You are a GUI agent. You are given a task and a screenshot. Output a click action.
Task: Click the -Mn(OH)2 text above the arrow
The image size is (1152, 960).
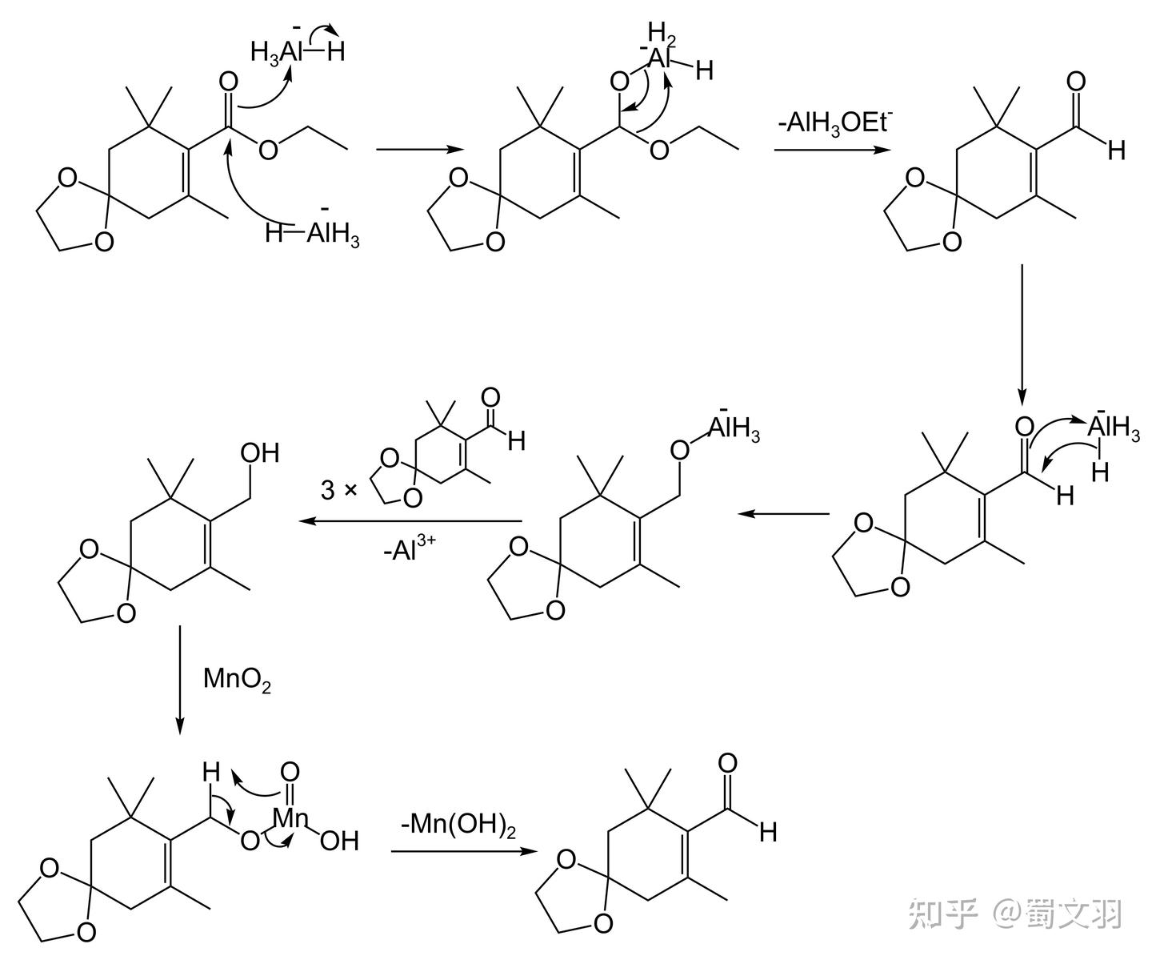click(458, 825)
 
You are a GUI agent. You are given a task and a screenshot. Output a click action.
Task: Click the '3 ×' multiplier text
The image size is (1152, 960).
click(338, 490)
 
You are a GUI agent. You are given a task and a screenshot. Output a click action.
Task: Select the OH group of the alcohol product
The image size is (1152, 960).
click(260, 453)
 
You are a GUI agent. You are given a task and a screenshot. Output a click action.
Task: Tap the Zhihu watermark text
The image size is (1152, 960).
click(1016, 914)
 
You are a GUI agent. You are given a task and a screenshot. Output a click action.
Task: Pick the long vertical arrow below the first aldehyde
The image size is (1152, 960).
click(1022, 333)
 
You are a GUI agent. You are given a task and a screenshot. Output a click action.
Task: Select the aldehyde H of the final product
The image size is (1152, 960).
click(768, 833)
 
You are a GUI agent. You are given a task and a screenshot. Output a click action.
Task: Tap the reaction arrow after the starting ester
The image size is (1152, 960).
click(418, 149)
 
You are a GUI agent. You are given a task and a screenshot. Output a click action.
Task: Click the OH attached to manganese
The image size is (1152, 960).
click(339, 841)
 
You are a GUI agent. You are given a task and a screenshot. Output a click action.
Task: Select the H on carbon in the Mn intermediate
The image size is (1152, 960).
click(210, 773)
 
